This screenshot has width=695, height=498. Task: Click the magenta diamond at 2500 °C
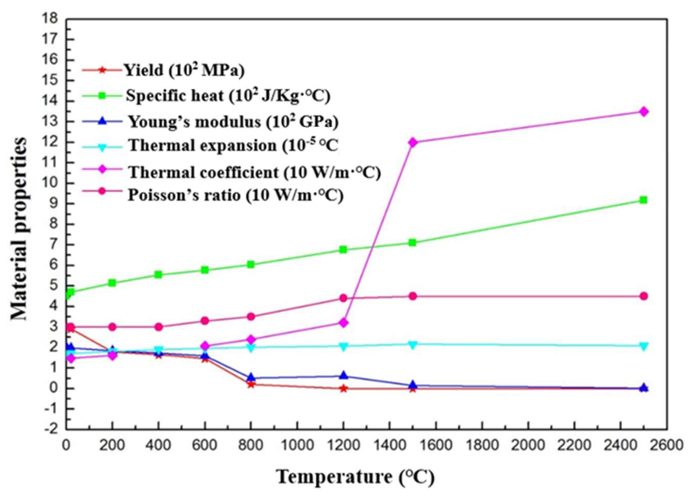644,112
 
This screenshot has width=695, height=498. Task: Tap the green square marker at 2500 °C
643,200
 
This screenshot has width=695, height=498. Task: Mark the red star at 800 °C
251,384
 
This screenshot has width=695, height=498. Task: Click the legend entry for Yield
184,70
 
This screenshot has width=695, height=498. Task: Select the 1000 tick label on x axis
297,445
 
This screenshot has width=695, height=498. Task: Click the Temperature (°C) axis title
355,477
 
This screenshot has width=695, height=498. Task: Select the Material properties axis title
19,228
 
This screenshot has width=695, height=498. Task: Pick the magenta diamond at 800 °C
251,339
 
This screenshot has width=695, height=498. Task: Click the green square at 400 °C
158,274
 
